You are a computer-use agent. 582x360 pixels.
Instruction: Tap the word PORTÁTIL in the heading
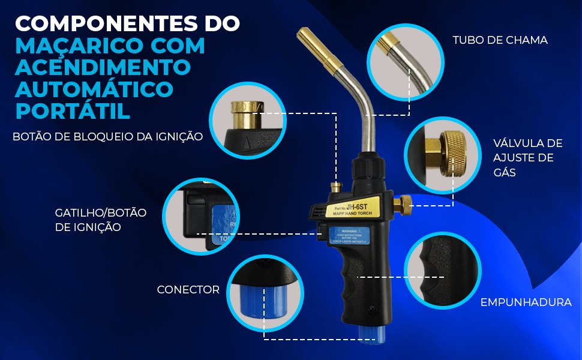[72, 110]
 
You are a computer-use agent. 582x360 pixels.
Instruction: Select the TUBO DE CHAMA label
[500, 40]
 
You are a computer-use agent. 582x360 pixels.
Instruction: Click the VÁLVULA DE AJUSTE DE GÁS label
[527, 157]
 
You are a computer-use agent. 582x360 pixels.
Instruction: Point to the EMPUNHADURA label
[526, 302]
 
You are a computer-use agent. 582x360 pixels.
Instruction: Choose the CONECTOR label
[188, 290]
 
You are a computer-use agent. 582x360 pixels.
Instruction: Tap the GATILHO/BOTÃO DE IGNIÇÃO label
[100, 220]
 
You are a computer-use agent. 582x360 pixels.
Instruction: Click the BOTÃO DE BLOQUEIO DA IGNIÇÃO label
[107, 137]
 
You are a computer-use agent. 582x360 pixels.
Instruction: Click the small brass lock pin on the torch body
[337, 187]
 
